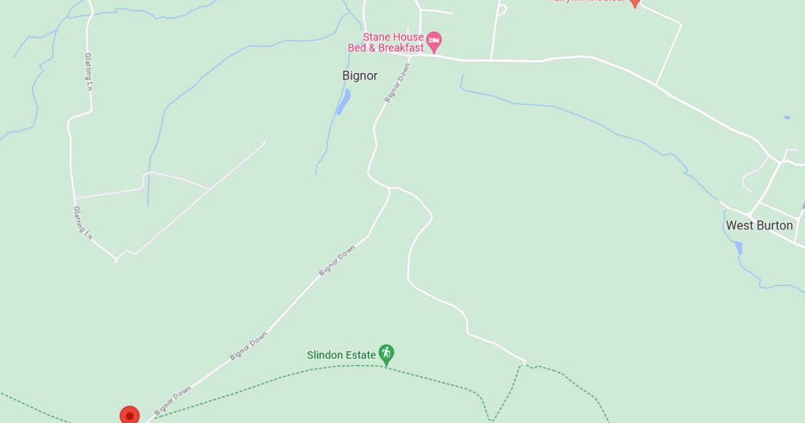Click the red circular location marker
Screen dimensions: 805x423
click(x=129, y=416)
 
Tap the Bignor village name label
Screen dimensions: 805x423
click(x=360, y=76)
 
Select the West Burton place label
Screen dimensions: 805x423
click(x=759, y=226)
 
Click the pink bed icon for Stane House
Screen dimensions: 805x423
click(x=434, y=42)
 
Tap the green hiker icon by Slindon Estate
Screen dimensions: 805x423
click(x=386, y=354)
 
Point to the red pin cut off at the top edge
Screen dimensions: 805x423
click(x=635, y=3)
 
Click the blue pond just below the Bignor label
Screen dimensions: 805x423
click(x=343, y=102)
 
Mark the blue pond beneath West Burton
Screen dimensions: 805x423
click(x=739, y=248)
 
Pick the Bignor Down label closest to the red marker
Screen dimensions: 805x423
click(x=172, y=400)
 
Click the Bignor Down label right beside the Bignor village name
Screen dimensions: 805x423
click(x=397, y=85)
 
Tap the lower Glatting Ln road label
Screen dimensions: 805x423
click(x=82, y=223)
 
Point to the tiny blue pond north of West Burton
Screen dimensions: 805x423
click(x=786, y=118)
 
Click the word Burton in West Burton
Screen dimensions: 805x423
click(x=775, y=226)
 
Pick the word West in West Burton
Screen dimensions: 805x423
click(x=740, y=226)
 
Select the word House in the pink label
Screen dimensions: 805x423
click(x=409, y=37)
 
